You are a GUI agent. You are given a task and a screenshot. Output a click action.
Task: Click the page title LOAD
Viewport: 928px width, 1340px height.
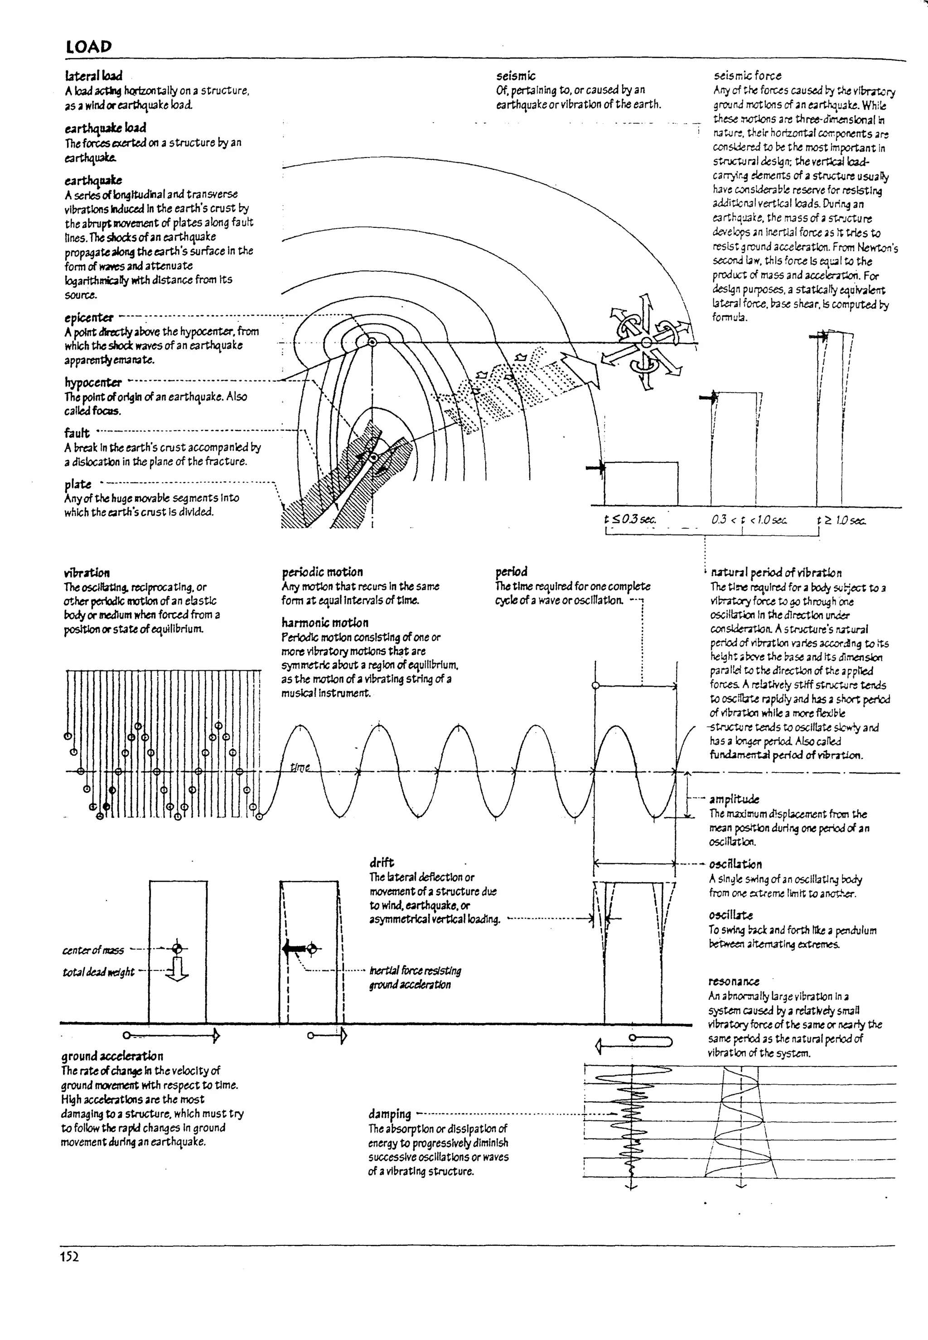point(88,47)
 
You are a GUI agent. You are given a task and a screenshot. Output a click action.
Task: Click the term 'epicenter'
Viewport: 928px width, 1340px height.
point(89,317)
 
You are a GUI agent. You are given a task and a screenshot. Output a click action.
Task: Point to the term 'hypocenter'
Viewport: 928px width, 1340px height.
point(93,382)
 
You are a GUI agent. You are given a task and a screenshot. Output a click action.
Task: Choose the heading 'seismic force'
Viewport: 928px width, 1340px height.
point(747,76)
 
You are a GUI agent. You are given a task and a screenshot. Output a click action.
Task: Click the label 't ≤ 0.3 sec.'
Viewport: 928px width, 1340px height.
point(631,519)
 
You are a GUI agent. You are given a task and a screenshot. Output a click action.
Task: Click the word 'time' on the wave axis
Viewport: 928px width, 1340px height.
point(300,768)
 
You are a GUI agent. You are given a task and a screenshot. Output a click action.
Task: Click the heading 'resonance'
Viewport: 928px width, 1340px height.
point(734,981)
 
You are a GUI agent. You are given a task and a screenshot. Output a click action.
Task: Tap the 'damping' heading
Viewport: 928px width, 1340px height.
point(390,1114)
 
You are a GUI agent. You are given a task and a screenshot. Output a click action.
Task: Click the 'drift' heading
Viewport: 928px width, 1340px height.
point(382,862)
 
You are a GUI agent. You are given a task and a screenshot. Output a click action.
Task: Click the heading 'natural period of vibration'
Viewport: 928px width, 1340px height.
point(776,572)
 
